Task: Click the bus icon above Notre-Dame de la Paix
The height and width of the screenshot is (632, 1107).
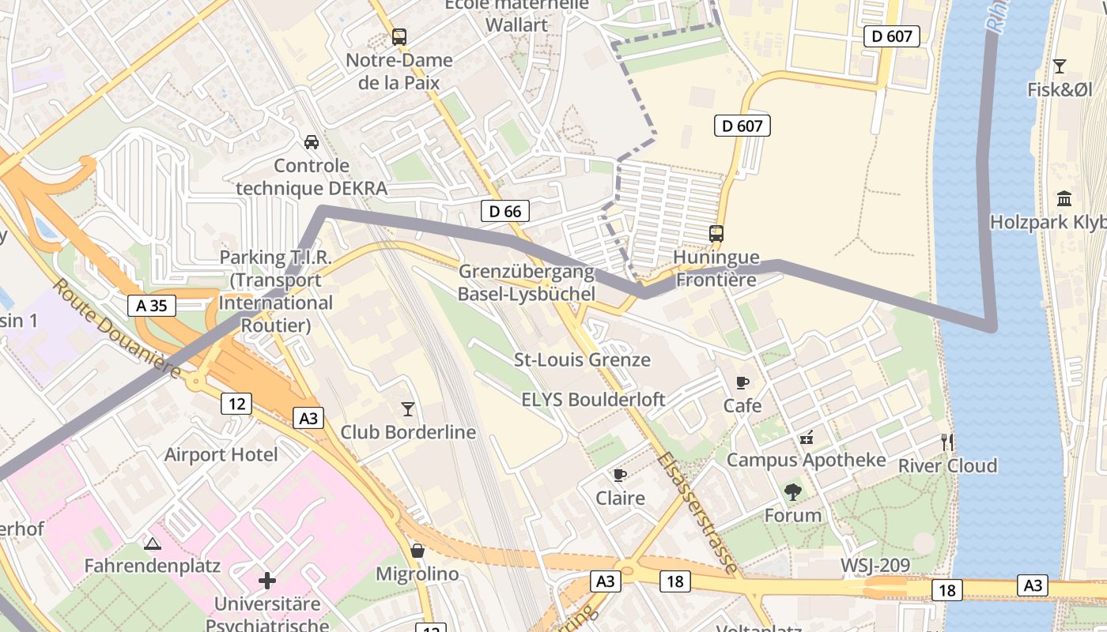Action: pos(399,36)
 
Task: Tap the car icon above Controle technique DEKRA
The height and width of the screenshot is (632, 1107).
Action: pos(312,142)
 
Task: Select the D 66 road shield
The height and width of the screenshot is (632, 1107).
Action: pos(504,211)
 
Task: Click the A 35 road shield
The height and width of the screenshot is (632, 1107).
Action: pos(151,306)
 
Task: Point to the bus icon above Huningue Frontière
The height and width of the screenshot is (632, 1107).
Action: pos(716,234)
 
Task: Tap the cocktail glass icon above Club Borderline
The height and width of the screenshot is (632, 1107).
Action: pos(408,408)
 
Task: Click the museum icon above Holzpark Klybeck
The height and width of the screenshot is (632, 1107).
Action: pos(1064,198)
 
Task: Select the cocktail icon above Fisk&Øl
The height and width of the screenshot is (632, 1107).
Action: pos(1060,66)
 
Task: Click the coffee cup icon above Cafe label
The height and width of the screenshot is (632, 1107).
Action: pos(742,382)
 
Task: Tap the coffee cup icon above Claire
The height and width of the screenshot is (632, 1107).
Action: pos(620,475)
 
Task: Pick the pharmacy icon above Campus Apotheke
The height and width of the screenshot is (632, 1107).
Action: pos(807,437)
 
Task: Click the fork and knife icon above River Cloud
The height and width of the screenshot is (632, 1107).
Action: pos(946,442)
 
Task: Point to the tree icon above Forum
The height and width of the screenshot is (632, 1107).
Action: pos(793,492)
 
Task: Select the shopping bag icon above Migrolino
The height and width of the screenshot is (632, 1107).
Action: pos(417,550)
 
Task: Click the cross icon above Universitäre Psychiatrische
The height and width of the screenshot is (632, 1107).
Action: pos(267,581)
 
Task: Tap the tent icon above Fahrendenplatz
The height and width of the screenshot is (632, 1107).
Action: pos(153,543)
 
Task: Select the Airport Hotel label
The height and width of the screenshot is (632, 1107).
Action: pos(221,454)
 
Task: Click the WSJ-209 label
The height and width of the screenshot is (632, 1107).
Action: pos(875,565)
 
